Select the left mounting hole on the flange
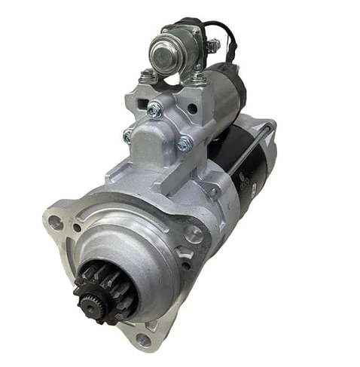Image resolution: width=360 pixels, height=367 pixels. coord(54,223)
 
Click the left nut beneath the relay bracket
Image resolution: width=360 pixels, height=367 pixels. coord(148,75)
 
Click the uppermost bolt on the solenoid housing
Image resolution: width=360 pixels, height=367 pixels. coord(154,110)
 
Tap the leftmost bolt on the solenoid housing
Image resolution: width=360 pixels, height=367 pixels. coord(129,136)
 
